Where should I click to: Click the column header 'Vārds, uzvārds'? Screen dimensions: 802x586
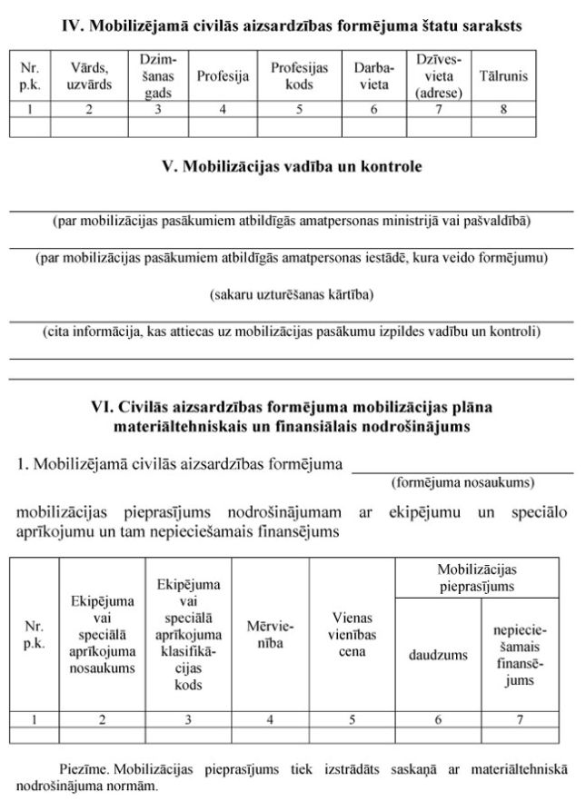tap(89, 76)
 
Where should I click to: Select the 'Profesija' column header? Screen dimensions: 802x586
tap(223, 76)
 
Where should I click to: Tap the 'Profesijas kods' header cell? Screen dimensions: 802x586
tap(299, 76)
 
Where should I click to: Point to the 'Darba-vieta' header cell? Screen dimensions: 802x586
tap(373, 76)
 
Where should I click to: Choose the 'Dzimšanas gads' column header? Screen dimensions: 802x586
tap(158, 76)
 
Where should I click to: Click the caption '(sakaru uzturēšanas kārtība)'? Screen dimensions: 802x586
tap(292, 294)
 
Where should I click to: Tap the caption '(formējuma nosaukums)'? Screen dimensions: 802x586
tap(462, 482)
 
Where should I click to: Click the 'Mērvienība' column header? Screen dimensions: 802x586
tap(270, 635)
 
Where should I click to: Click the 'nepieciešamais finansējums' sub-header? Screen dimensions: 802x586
tap(520, 654)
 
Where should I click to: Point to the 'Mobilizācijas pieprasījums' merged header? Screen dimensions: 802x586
tap(477, 578)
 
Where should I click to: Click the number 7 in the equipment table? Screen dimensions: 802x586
tap(520, 719)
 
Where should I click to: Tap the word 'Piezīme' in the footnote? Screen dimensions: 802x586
tap(85, 769)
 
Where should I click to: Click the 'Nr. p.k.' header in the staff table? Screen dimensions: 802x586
tap(30, 76)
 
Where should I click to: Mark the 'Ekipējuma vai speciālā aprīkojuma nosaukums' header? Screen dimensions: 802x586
tap(102, 635)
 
